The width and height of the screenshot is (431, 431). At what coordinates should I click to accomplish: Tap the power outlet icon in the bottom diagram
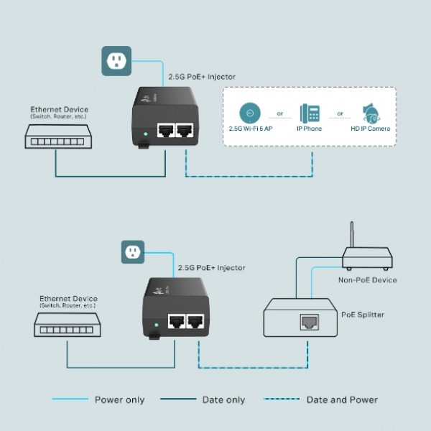tap(131, 252)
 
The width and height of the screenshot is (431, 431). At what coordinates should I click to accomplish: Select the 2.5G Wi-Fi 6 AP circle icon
tap(250, 112)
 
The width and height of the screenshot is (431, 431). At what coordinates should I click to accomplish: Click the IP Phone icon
tap(310, 113)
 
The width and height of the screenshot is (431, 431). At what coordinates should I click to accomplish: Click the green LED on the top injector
tap(147, 133)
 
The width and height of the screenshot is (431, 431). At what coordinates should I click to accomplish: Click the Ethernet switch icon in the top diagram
tap(55, 135)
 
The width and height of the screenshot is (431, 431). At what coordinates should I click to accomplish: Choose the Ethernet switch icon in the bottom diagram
tap(66, 327)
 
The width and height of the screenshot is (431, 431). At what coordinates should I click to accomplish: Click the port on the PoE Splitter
tap(310, 321)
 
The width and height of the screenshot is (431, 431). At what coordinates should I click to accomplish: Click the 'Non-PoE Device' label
tap(367, 279)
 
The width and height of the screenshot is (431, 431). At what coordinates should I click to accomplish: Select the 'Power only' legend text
tap(119, 400)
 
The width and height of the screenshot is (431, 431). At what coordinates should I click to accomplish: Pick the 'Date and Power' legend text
tap(342, 400)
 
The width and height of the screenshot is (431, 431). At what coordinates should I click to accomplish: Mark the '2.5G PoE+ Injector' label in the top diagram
tap(201, 75)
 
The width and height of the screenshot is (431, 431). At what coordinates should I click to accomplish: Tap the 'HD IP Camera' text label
tap(371, 129)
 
